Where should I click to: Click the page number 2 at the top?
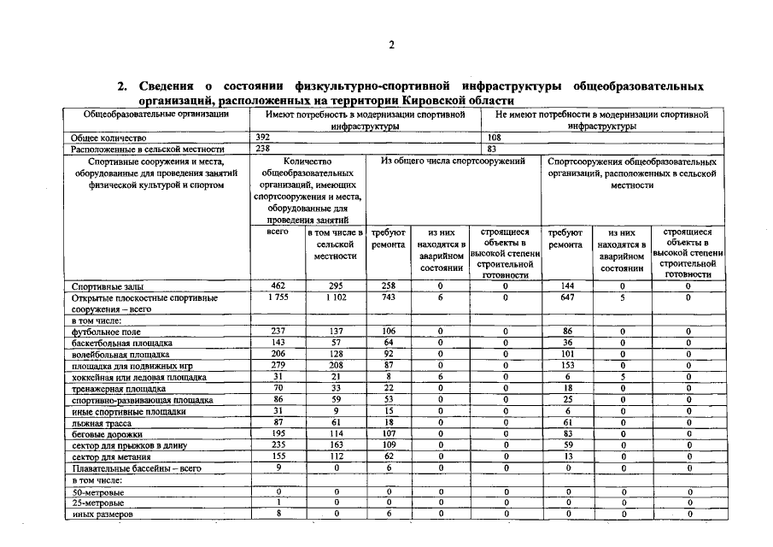click(390, 45)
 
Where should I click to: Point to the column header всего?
click(278, 232)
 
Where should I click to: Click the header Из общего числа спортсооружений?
click(454, 161)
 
